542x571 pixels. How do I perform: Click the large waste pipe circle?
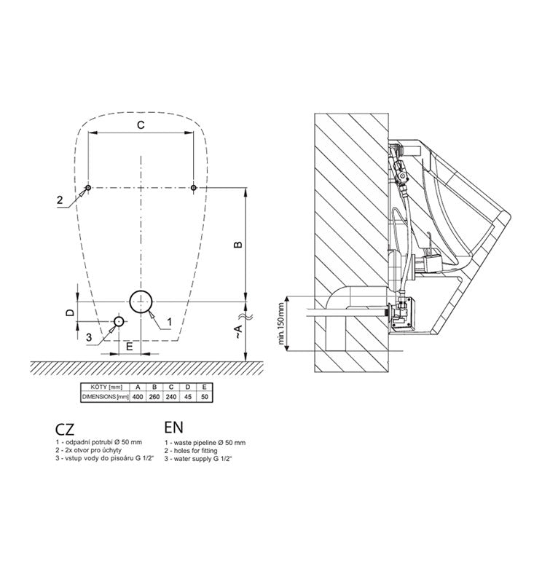pyautogui.click(x=130, y=302)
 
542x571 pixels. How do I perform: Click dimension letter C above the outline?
pyautogui.click(x=141, y=125)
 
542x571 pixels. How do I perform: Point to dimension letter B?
pyautogui.click(x=237, y=245)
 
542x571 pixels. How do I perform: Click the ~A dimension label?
pyautogui.click(x=237, y=331)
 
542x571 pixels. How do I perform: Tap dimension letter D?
pyautogui.click(x=70, y=312)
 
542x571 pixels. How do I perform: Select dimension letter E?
pyautogui.click(x=130, y=347)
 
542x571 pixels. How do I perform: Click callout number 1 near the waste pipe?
pyautogui.click(x=169, y=322)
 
